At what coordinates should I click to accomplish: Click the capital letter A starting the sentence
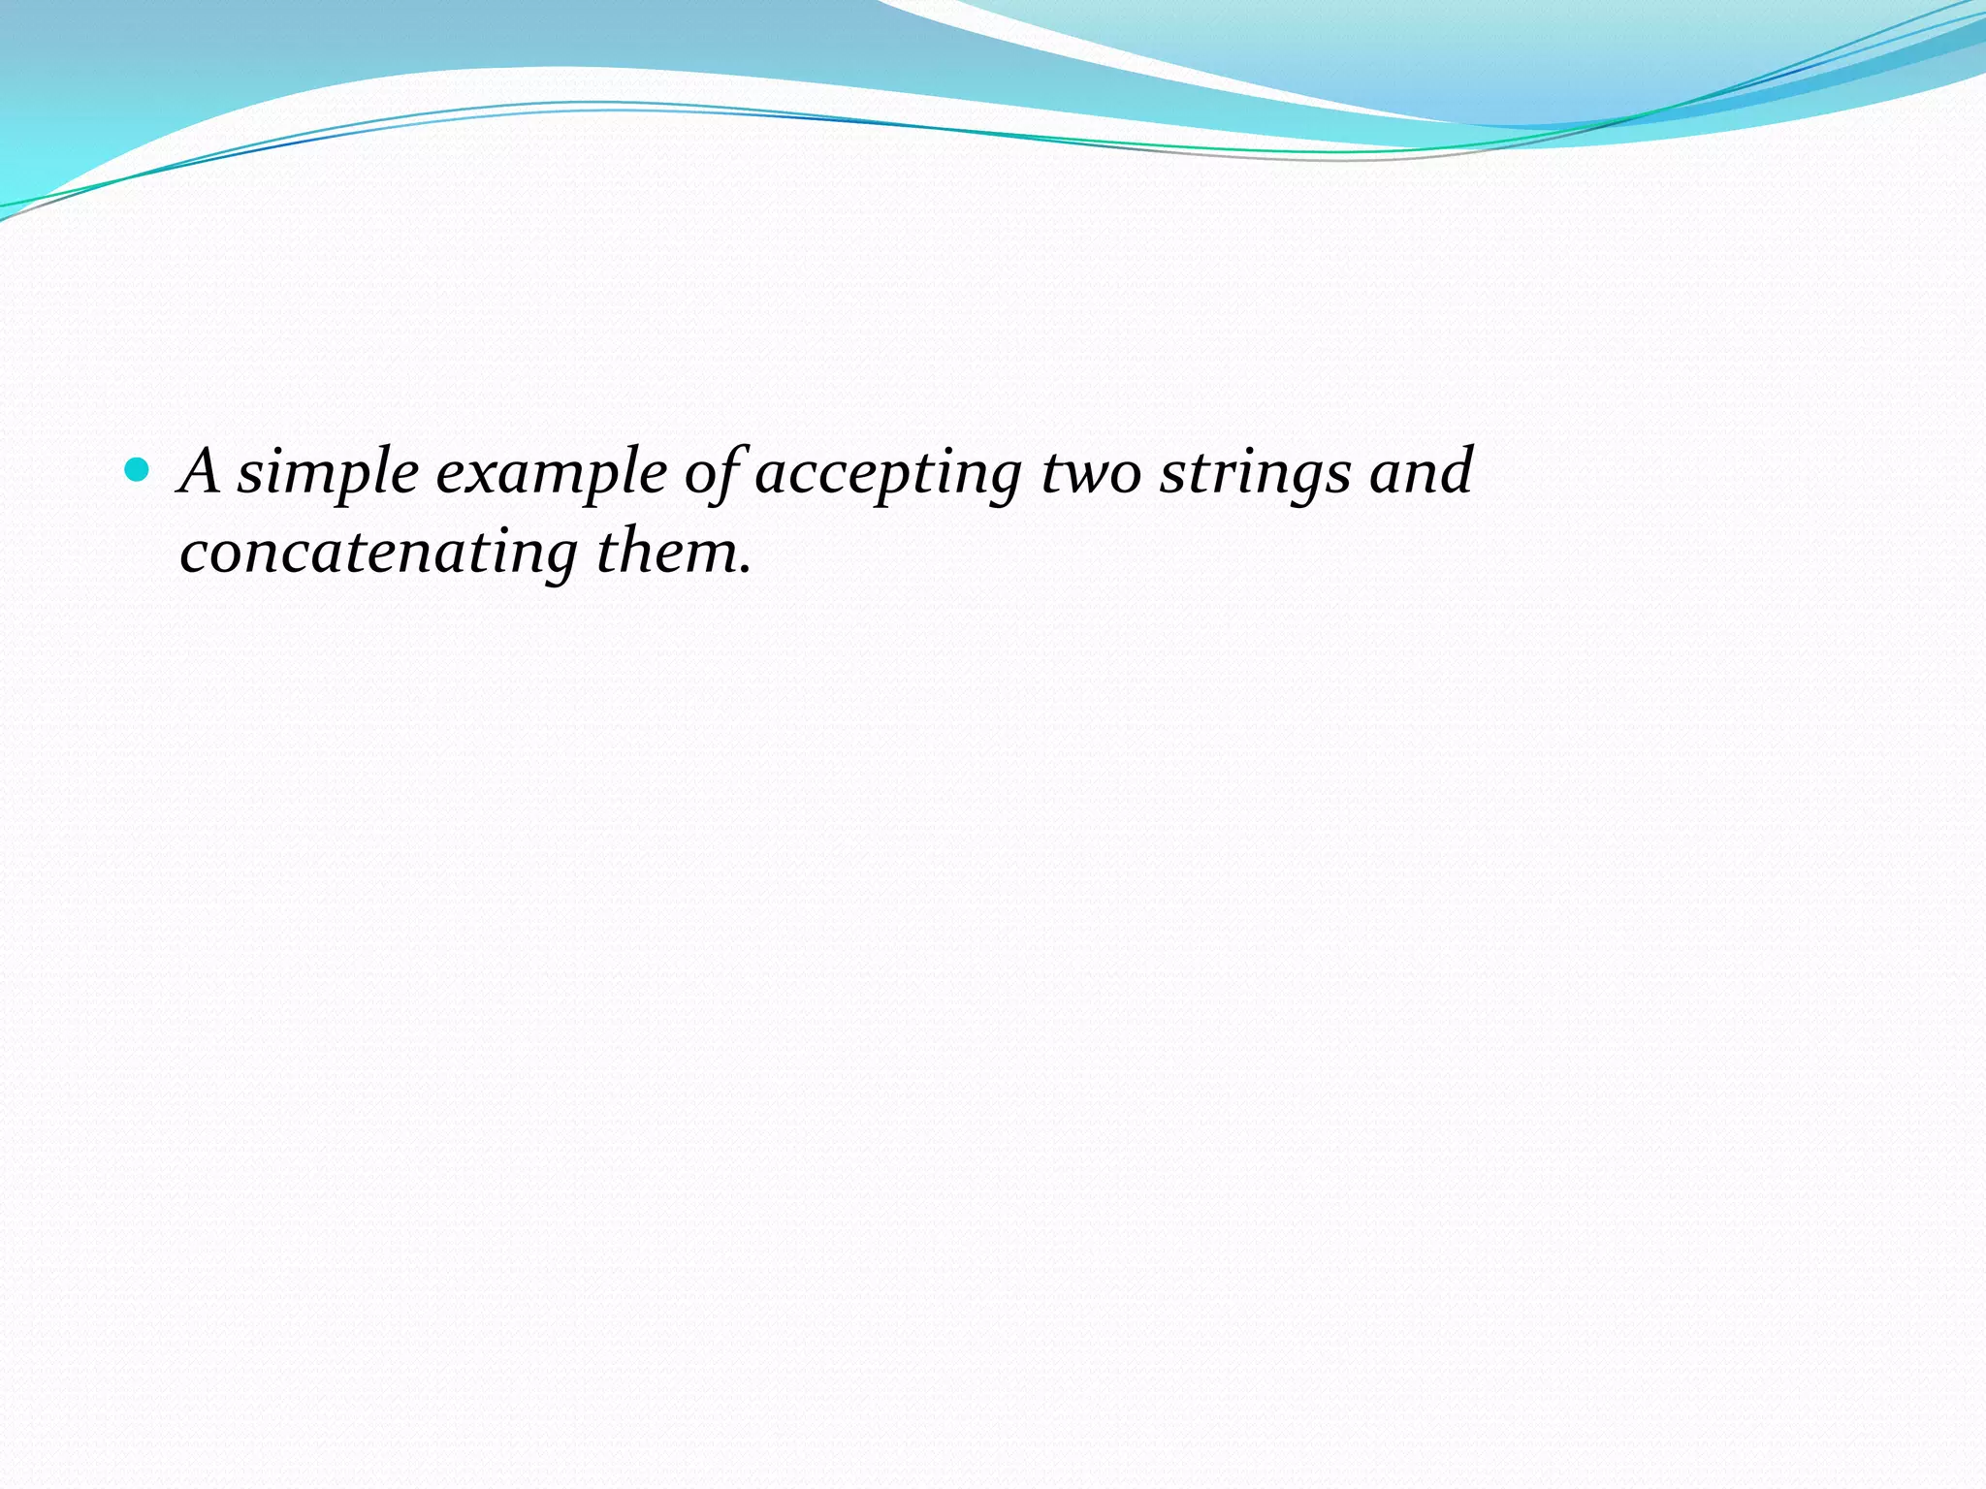(201, 472)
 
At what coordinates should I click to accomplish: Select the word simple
(328, 475)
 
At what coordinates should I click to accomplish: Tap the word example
(551, 475)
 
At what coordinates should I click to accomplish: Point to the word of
(714, 475)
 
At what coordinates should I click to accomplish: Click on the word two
(1091, 475)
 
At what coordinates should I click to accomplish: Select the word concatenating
(378, 554)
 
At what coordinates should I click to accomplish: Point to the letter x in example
(488, 477)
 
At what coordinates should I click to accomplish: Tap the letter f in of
(731, 475)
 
